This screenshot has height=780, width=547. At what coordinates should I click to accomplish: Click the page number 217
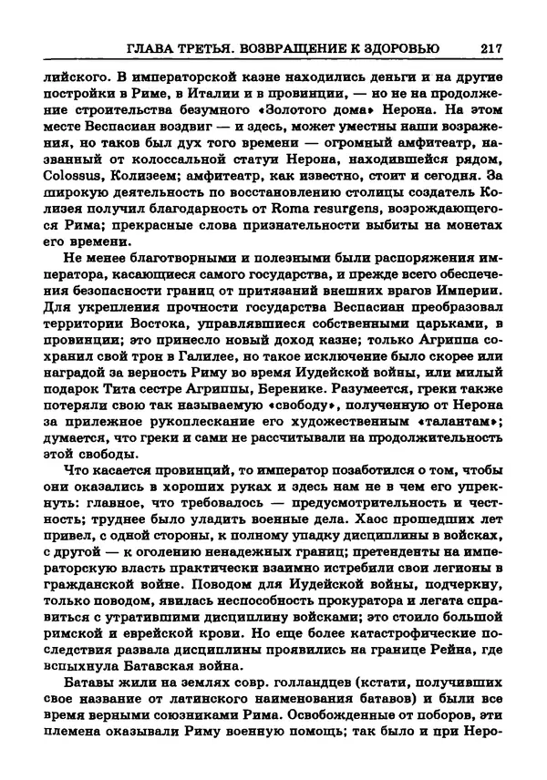[x=490, y=47]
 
